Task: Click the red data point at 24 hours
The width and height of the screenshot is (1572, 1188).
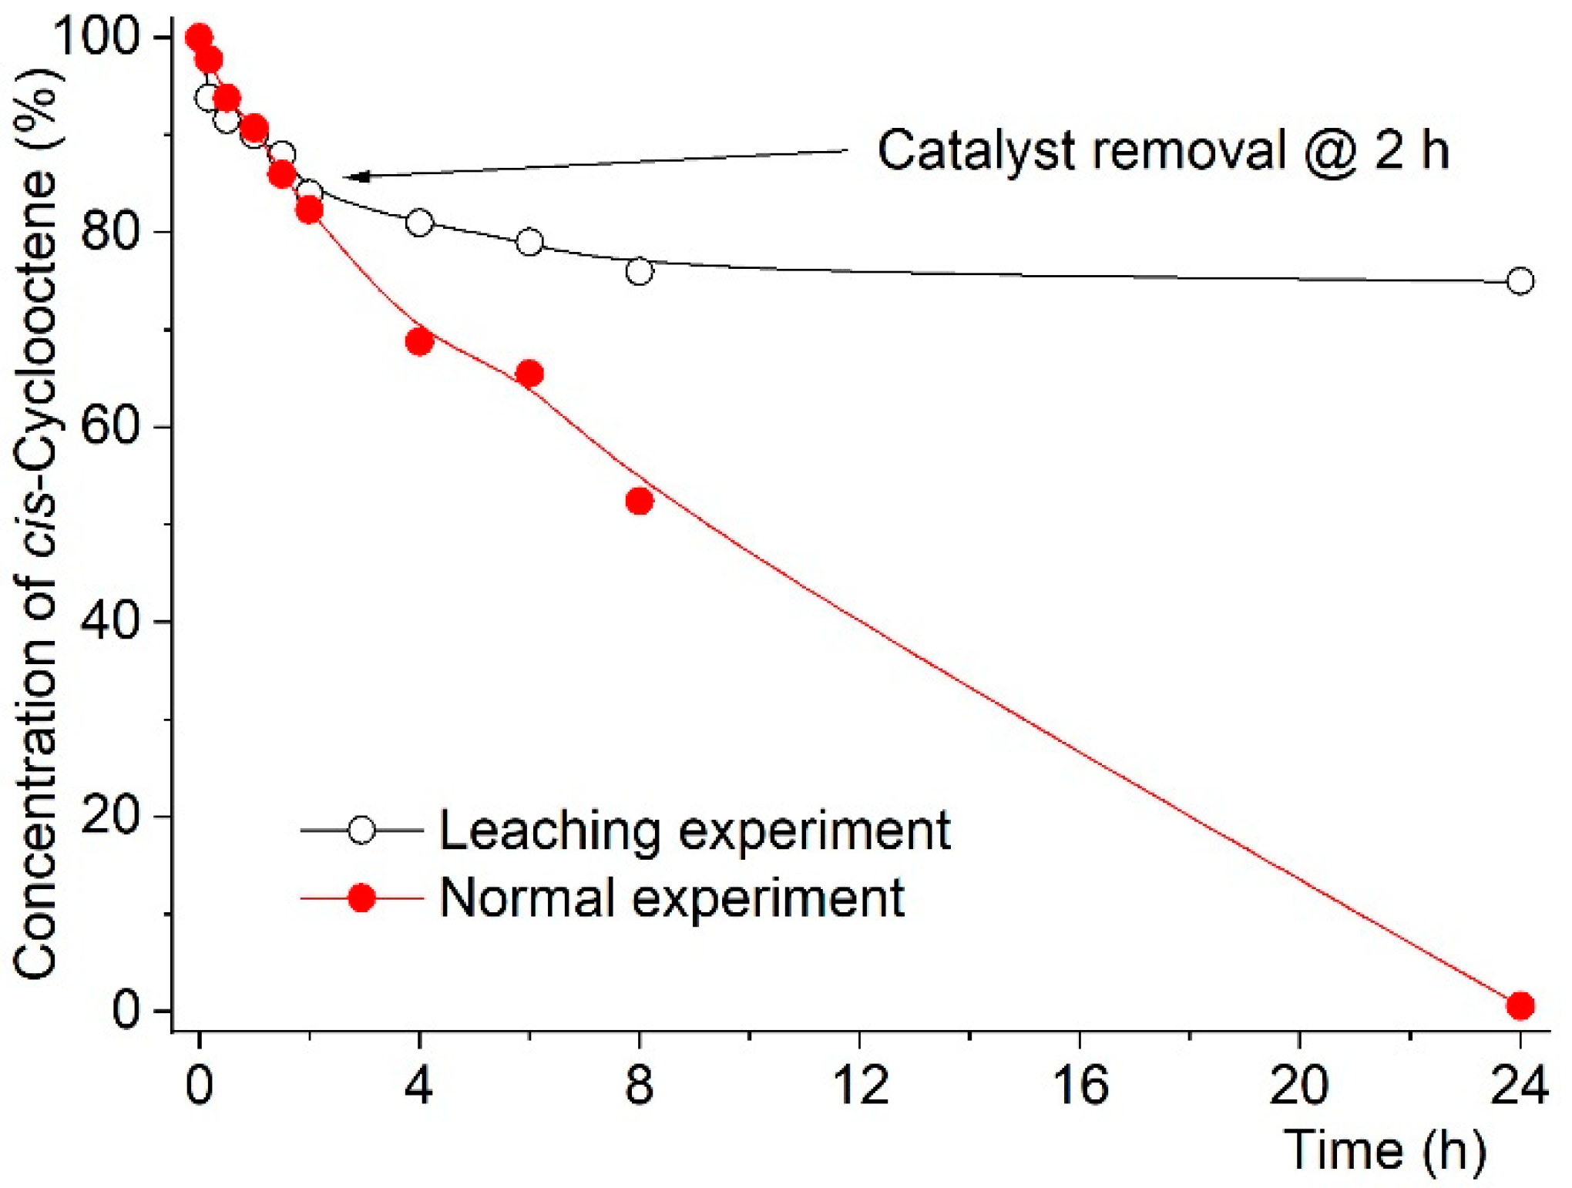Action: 1520,1005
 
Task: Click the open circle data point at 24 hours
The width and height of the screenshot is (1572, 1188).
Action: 1520,281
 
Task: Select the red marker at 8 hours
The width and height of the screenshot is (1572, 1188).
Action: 639,502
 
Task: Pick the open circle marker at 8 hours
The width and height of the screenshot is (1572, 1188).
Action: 639,271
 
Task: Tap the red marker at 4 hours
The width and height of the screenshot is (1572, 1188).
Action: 418,341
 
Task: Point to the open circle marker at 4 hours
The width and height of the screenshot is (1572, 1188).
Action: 418,223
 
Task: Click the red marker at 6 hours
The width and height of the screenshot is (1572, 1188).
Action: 529,374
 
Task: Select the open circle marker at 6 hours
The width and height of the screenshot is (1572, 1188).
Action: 529,242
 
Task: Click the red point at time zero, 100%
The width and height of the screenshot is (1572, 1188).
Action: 199,36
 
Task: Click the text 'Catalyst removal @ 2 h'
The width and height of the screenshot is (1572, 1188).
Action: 1163,150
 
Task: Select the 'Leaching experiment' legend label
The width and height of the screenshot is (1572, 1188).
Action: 694,831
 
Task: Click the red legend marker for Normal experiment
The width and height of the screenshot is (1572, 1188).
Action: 361,898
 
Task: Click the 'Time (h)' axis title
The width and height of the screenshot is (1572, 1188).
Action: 1384,1150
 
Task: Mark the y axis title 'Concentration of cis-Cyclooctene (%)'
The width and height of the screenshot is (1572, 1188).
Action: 36,524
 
